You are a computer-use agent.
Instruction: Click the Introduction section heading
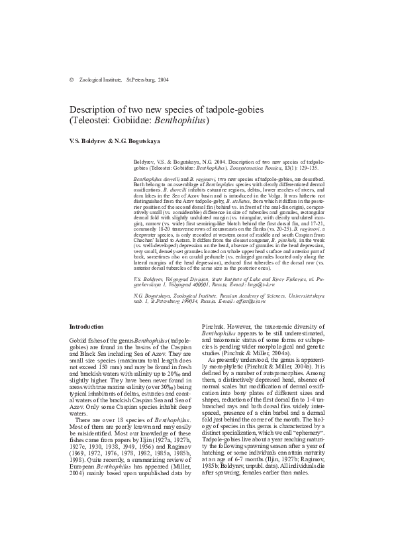tap(87, 326)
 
